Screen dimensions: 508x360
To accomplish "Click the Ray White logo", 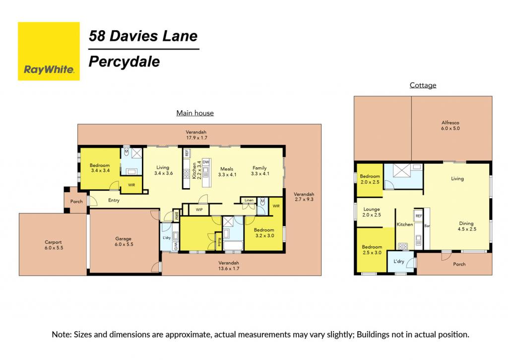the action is tap(49, 51).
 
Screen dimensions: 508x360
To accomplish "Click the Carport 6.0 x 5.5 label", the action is tap(54, 245).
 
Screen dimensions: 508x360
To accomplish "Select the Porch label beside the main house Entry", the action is tap(76, 202).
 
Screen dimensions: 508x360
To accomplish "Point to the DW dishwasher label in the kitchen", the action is tap(206, 162).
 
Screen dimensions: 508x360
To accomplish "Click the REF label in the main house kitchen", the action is tap(187, 153).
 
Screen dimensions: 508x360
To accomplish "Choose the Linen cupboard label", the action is tap(249, 200).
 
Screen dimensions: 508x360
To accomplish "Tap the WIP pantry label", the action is tap(199, 210).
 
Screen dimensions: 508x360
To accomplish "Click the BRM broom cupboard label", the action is tap(176, 216).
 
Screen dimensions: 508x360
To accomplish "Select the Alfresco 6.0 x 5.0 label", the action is tap(450, 126).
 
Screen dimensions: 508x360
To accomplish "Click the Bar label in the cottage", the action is tap(427, 226).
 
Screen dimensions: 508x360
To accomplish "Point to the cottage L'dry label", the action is tap(399, 261).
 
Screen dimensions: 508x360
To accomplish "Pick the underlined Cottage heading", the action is tap(423, 85).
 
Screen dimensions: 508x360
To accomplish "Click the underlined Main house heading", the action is tap(195, 113).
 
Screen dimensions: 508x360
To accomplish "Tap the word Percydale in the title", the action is tap(125, 62).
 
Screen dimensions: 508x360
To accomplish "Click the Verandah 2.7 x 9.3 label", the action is tap(304, 197).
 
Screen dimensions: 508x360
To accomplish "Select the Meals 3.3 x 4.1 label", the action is tap(227, 172).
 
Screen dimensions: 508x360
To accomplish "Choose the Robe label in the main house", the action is tap(219, 242).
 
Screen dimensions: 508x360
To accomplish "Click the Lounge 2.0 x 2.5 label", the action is tap(372, 212).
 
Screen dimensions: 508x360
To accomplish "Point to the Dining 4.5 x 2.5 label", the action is tap(466, 226).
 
